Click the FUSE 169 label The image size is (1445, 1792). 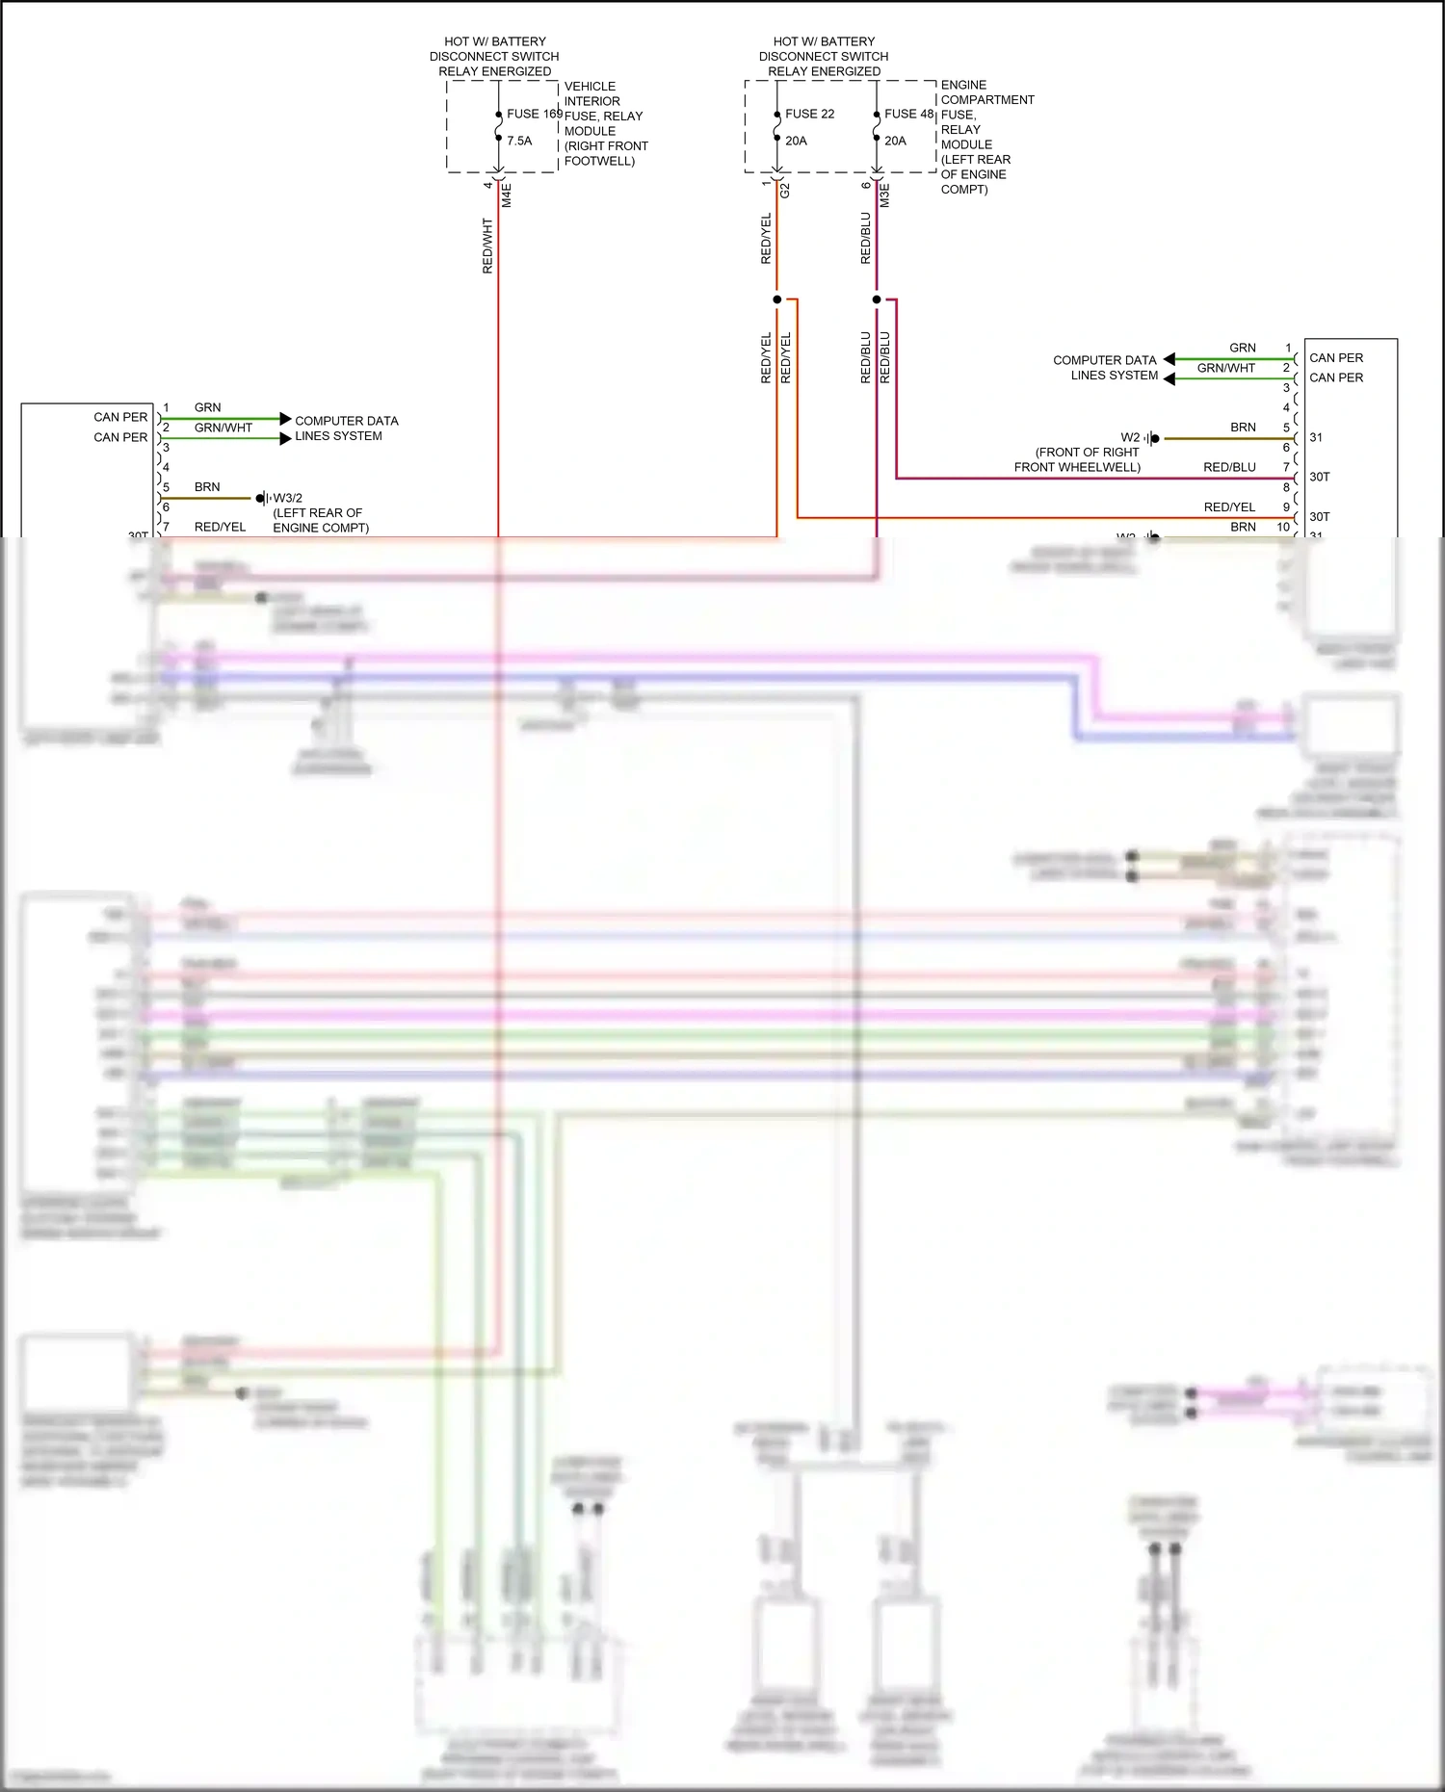click(535, 114)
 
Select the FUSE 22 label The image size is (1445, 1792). click(809, 114)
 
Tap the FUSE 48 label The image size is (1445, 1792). click(908, 114)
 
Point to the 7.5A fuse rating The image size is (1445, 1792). click(519, 141)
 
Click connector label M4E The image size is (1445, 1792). click(507, 195)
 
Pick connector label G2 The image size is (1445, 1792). click(785, 191)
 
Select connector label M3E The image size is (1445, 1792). click(885, 195)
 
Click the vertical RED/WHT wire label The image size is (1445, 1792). click(487, 246)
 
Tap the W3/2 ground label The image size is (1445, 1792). click(287, 498)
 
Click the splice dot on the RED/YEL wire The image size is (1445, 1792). click(777, 299)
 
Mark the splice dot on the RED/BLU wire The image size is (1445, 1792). click(877, 299)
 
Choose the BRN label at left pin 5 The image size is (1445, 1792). click(207, 487)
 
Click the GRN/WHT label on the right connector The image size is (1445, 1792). click(1225, 368)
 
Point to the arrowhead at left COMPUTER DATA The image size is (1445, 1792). click(285, 419)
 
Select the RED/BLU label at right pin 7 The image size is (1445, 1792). click(1229, 467)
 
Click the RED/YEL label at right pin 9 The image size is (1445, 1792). click(1229, 507)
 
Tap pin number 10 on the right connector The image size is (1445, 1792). click(1283, 527)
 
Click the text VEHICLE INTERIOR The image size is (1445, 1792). click(591, 93)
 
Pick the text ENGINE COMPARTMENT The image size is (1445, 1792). click(986, 92)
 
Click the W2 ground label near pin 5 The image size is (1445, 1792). click(1130, 437)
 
